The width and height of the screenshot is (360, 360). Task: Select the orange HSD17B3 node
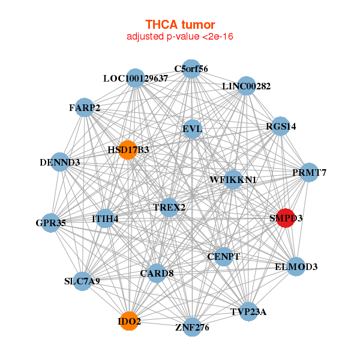pyautogui.click(x=127, y=149)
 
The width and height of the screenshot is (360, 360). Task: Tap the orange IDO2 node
pyautogui.click(x=129, y=321)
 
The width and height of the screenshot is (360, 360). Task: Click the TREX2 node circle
pyautogui.click(x=169, y=208)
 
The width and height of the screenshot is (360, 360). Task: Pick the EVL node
pyautogui.click(x=192, y=128)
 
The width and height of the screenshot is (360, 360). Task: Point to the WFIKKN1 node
pyautogui.click(x=233, y=180)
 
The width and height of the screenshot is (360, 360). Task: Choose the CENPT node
pyautogui.click(x=223, y=257)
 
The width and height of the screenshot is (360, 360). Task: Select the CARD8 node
pyautogui.click(x=157, y=274)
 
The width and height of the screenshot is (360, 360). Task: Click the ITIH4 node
pyautogui.click(x=105, y=219)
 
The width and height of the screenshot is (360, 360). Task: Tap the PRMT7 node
pyautogui.click(x=309, y=173)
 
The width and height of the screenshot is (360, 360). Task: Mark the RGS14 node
pyautogui.click(x=281, y=127)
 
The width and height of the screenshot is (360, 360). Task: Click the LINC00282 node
pyautogui.click(x=246, y=86)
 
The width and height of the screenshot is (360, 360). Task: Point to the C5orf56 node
pyautogui.click(x=191, y=69)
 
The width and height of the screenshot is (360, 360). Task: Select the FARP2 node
pyautogui.click(x=85, y=108)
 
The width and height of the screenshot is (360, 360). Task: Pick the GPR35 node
pyautogui.click(x=50, y=223)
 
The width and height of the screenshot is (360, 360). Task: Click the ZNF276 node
pyautogui.click(x=192, y=327)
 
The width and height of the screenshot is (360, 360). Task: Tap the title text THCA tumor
pyautogui.click(x=180, y=25)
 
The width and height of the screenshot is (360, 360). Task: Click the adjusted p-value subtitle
pyautogui.click(x=180, y=37)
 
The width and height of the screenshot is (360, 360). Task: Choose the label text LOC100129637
pyautogui.click(x=136, y=78)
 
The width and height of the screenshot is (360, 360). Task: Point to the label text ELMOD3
pyautogui.click(x=296, y=266)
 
